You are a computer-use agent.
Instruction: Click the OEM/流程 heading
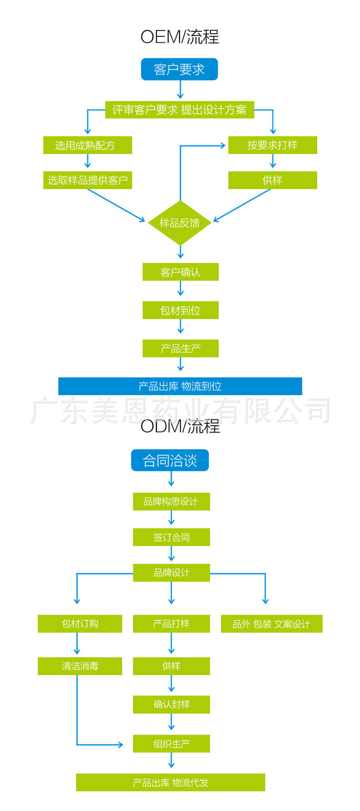point(180,37)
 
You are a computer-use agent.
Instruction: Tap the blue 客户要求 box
point(179,69)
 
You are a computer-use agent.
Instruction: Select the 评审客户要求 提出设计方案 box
point(180,110)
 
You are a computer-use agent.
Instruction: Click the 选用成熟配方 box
point(87,145)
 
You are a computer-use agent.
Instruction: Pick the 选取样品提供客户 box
point(87,180)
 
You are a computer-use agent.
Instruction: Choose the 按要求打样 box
point(273,145)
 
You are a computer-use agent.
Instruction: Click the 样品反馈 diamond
point(180,223)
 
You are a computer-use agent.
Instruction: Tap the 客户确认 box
point(180,272)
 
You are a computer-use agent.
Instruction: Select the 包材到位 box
point(180,310)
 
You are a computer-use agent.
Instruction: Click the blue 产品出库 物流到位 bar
point(180,386)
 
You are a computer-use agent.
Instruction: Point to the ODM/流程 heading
point(180,426)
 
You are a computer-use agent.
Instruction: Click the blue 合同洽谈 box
point(170,460)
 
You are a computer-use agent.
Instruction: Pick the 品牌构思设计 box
point(171,501)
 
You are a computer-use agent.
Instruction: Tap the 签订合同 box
point(171,537)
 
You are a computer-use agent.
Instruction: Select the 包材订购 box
point(80,624)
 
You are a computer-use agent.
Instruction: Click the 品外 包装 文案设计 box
point(272,624)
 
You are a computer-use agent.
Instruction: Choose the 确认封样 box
point(171,704)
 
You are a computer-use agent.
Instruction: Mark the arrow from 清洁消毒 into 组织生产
point(91,744)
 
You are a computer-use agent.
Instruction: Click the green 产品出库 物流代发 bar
point(170,782)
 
